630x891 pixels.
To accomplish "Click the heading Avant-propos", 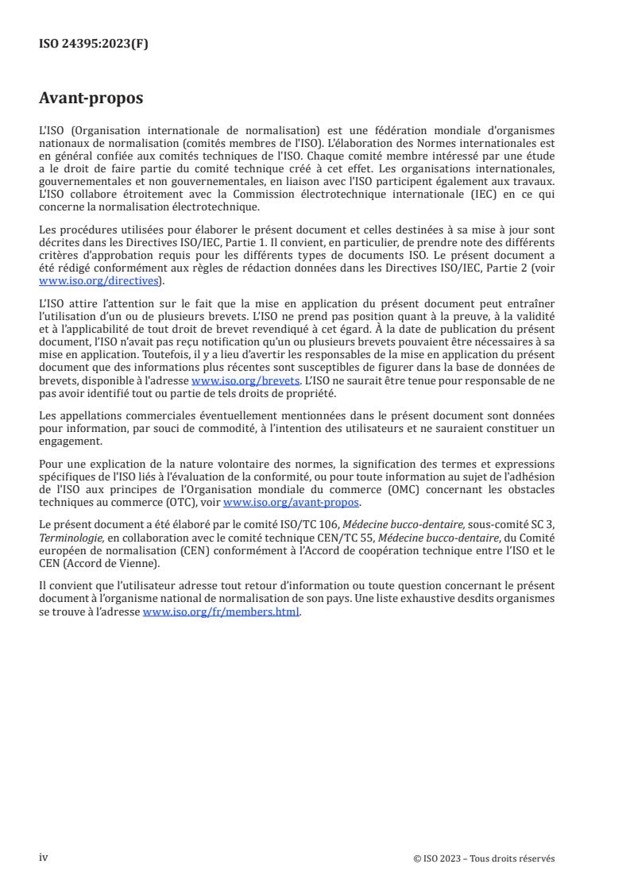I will (x=91, y=98).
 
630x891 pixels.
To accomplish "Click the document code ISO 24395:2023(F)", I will (x=94, y=44).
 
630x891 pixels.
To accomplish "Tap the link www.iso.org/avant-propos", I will (x=292, y=503).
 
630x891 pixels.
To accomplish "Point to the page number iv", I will (x=44, y=858).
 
